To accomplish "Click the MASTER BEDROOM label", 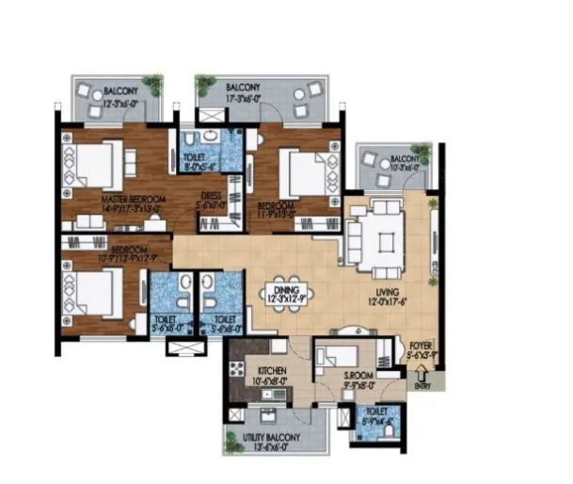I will coord(134,200).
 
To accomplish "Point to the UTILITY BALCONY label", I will coord(276,439).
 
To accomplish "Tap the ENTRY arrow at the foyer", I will coord(421,370).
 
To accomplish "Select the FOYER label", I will coord(419,346).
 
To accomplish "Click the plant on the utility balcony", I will coord(231,436).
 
